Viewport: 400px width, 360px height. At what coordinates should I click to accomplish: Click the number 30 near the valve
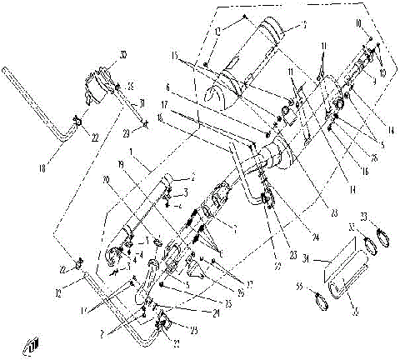tap(122, 56)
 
